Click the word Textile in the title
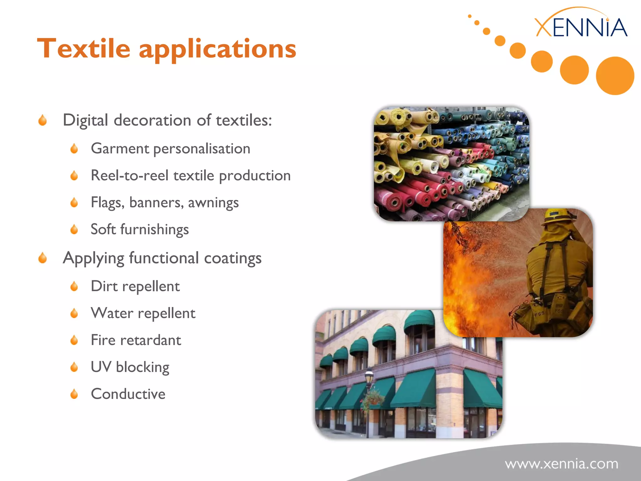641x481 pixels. pos(84,49)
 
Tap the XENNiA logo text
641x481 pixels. pos(581,28)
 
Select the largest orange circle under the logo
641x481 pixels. pos(615,76)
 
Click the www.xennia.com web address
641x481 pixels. pos(562,464)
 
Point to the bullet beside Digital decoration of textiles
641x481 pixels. pos(43,120)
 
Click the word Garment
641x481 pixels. pos(120,148)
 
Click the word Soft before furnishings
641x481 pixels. pos(103,229)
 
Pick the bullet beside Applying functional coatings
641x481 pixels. pos(43,258)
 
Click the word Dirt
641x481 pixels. pos(104,286)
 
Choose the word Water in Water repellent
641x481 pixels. pos(112,313)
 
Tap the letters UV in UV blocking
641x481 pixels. pos(101,367)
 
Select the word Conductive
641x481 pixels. pos(128,394)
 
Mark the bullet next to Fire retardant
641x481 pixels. pos(74,340)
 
